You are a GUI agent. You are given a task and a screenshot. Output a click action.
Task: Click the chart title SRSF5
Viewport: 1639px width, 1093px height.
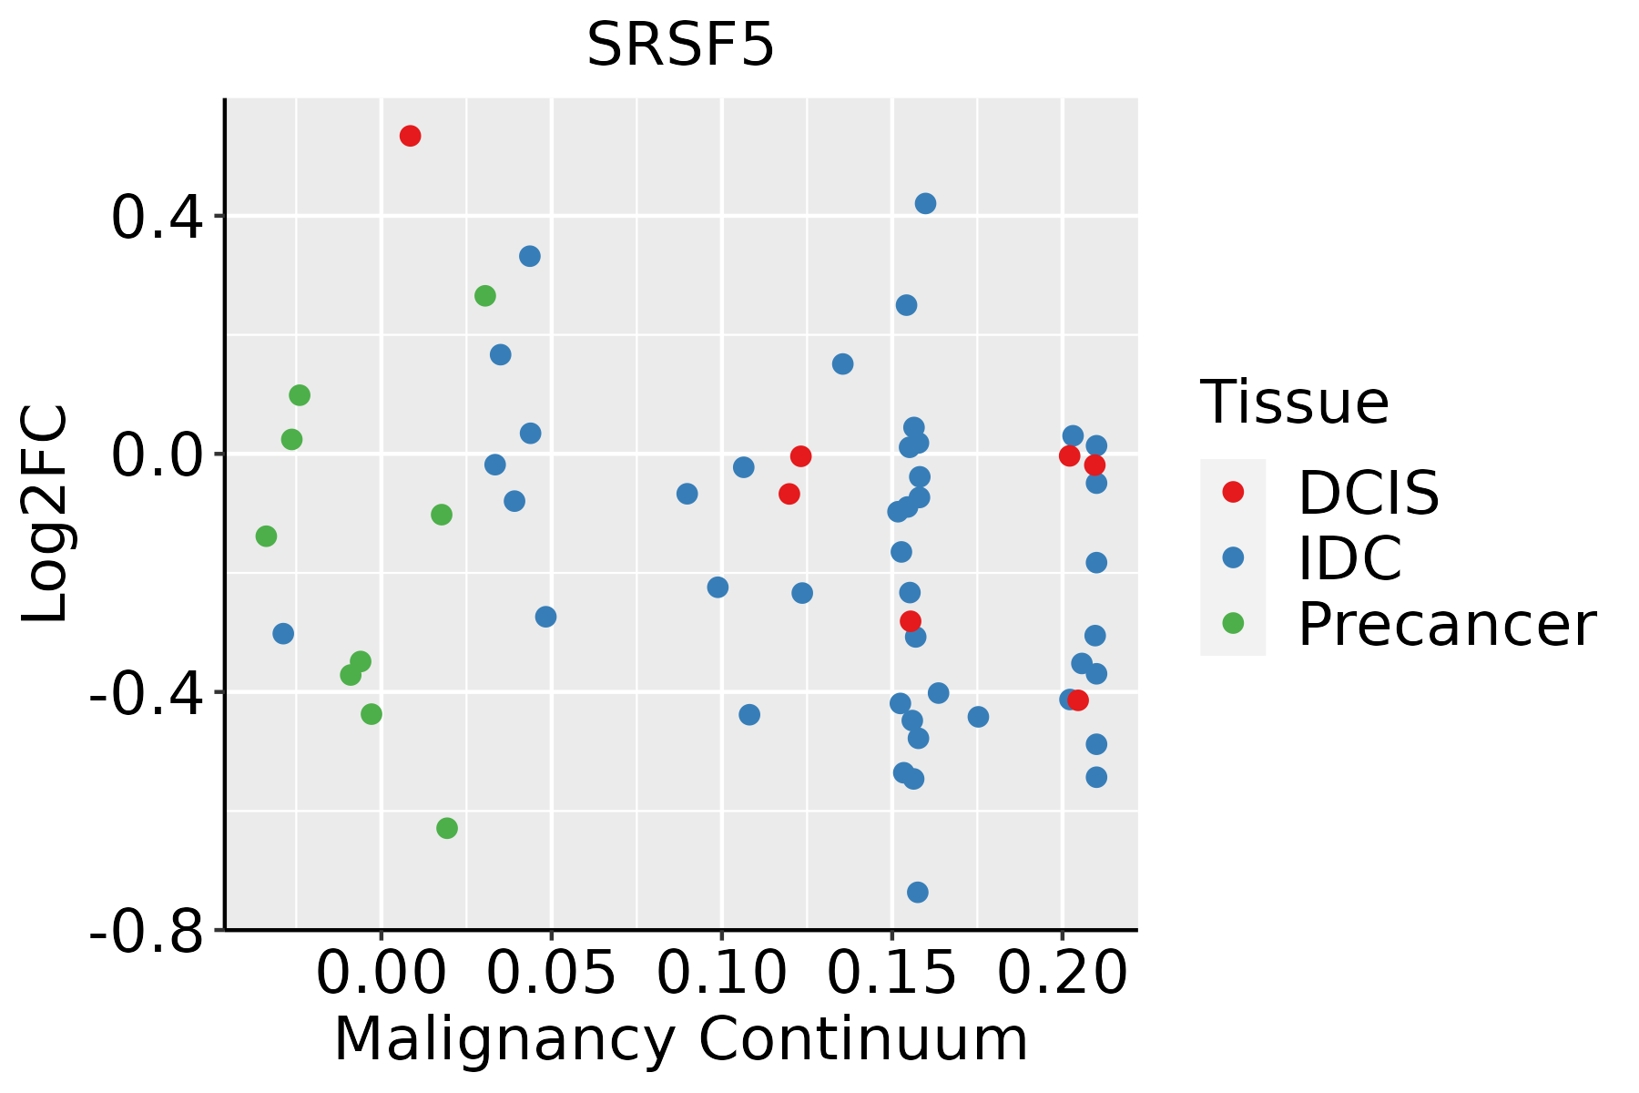[x=680, y=45]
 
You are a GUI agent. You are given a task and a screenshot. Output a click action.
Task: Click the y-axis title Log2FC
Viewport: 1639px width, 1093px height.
[x=45, y=514]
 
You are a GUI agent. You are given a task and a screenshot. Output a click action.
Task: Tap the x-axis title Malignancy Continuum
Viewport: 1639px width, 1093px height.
[x=681, y=1040]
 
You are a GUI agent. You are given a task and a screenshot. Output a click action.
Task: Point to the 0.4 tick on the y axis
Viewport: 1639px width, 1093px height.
[x=220, y=216]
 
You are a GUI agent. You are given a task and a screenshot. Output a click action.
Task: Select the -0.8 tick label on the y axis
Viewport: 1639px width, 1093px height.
[x=146, y=930]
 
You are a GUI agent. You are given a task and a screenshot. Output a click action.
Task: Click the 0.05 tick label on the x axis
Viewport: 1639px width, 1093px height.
[x=551, y=974]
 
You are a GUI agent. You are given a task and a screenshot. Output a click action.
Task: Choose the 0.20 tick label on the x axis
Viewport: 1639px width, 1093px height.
[x=1062, y=974]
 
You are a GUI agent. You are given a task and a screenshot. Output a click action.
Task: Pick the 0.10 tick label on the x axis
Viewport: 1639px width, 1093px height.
[x=721, y=974]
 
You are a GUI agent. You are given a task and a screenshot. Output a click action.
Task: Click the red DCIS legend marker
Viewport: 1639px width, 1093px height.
[x=1233, y=492]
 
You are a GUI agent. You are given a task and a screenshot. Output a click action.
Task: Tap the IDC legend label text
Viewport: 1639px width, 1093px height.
[x=1349, y=558]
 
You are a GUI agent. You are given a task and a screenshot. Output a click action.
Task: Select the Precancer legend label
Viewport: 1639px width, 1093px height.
[x=1447, y=625]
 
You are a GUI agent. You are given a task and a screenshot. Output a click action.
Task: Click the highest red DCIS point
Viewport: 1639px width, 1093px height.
[x=410, y=136]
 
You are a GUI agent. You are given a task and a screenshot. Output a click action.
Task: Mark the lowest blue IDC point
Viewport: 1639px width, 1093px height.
[x=918, y=892]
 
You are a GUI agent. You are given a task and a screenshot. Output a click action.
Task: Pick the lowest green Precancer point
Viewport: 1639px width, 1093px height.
[x=447, y=828]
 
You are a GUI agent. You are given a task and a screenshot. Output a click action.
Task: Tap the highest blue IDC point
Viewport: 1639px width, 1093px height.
[x=925, y=203]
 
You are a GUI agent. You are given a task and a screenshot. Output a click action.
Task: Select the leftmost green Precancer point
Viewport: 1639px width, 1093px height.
[x=266, y=536]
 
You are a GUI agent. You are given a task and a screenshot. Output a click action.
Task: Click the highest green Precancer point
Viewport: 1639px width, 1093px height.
[x=485, y=296]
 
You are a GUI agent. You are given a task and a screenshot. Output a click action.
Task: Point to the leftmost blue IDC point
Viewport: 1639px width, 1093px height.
[x=283, y=633]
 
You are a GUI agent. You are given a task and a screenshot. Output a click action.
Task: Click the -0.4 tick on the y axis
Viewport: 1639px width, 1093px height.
[x=220, y=692]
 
